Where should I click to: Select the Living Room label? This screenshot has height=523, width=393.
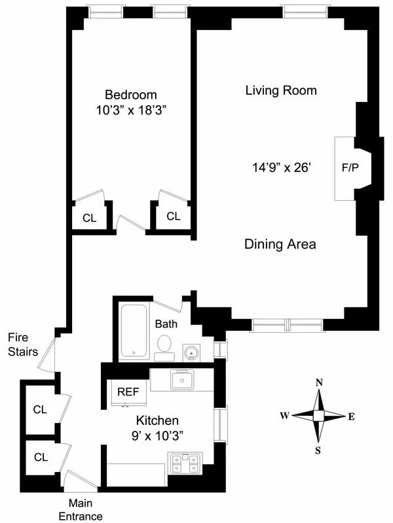281,90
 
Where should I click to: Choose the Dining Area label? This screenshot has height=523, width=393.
280,245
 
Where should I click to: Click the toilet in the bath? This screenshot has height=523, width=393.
163,346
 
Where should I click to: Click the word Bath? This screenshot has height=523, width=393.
166,324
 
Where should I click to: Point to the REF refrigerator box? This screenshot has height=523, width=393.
128,392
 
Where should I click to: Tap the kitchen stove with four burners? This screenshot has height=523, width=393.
185,463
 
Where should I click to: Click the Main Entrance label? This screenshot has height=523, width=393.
85,510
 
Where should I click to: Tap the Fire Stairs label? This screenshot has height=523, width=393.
23,345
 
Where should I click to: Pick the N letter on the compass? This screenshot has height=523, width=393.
319,383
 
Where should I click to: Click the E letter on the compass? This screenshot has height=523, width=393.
351,416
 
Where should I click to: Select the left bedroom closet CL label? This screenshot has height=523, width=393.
89,218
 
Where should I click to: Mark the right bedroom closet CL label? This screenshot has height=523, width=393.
173,216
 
